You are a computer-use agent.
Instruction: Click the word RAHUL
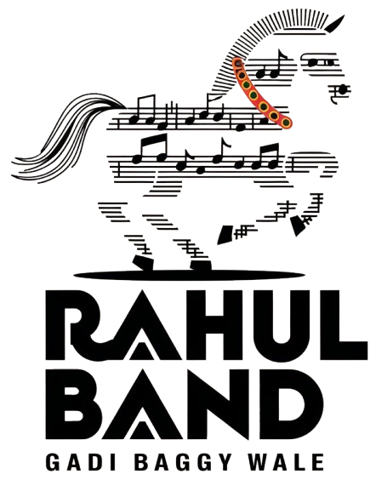(x=207, y=325)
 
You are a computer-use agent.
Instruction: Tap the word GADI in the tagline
(x=81, y=462)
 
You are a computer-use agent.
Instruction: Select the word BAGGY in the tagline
(x=183, y=462)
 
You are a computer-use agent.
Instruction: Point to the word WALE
(x=286, y=462)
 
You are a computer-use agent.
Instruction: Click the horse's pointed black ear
(x=334, y=25)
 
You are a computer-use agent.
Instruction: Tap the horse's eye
(x=313, y=63)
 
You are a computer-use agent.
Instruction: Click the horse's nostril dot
(x=343, y=89)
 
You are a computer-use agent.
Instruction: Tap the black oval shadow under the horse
(x=189, y=275)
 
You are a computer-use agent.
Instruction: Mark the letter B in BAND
(x=73, y=404)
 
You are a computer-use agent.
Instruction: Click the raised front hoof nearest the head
(x=298, y=226)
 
